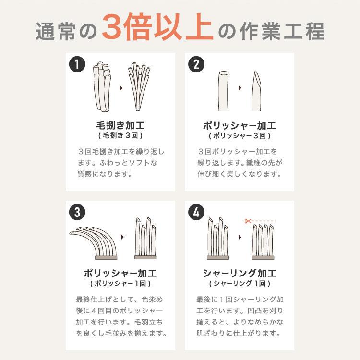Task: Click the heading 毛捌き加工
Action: pos(120,126)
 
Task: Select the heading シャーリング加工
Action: pos(240,274)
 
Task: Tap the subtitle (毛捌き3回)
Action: pos(120,136)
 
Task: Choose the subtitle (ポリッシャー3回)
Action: pos(240,136)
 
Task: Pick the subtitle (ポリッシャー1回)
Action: pos(120,284)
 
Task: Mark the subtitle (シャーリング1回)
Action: pos(240,284)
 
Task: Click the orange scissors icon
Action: pos(248,221)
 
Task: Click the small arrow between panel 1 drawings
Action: pos(120,88)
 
